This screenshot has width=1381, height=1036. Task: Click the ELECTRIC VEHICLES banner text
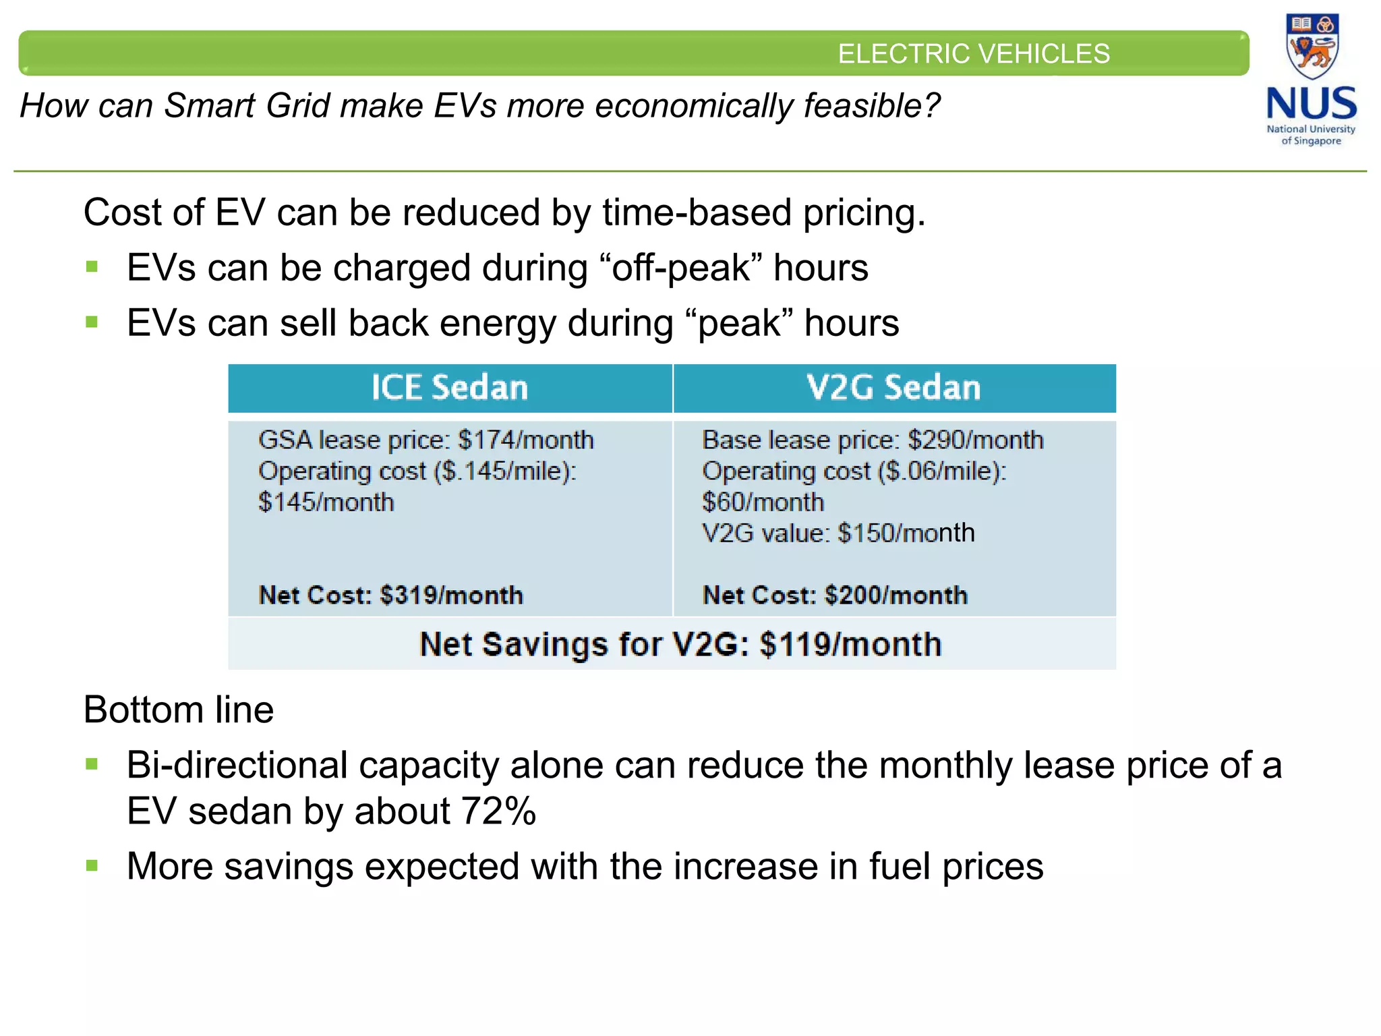(973, 54)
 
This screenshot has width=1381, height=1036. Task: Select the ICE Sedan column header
(450, 388)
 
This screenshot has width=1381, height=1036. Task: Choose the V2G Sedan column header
(893, 388)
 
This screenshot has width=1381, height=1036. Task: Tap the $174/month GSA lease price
(525, 440)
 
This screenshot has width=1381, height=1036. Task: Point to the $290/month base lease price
(975, 440)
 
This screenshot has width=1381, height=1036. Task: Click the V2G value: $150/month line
(838, 534)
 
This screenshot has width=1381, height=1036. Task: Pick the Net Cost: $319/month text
(390, 596)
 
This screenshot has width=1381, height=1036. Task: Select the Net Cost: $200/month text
(835, 596)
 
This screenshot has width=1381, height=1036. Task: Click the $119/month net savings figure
(850, 644)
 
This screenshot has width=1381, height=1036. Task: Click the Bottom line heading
(179, 710)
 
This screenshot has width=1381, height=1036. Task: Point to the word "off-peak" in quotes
(680, 268)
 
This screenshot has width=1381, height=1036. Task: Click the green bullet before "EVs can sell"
(92, 322)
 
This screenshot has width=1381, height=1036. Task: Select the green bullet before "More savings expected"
(92, 865)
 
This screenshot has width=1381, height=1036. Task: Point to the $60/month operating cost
(763, 502)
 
